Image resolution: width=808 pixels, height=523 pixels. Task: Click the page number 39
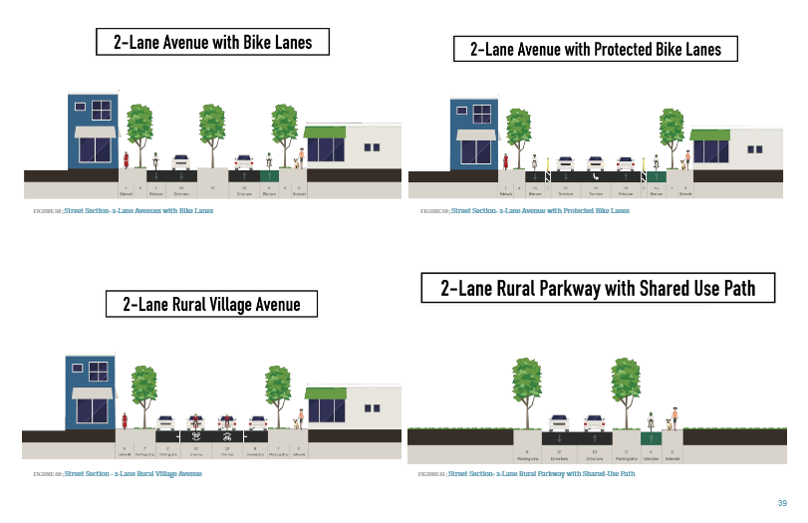(782, 503)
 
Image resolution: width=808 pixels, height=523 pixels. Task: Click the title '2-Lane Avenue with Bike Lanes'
(212, 42)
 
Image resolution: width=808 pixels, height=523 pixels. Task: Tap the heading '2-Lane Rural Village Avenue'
(211, 304)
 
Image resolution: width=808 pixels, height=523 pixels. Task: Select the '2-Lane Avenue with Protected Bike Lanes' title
(595, 49)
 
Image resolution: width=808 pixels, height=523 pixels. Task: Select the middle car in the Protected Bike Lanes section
(595, 162)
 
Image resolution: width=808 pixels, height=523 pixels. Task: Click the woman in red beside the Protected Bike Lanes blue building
(506, 160)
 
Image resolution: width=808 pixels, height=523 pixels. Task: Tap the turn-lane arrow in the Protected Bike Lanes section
(595, 176)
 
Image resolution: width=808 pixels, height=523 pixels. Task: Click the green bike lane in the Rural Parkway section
(652, 437)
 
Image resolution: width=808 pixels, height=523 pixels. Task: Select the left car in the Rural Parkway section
(559, 421)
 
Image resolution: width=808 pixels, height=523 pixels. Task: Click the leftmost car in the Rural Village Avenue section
(165, 421)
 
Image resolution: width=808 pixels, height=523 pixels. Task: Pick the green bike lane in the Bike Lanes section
(269, 175)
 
